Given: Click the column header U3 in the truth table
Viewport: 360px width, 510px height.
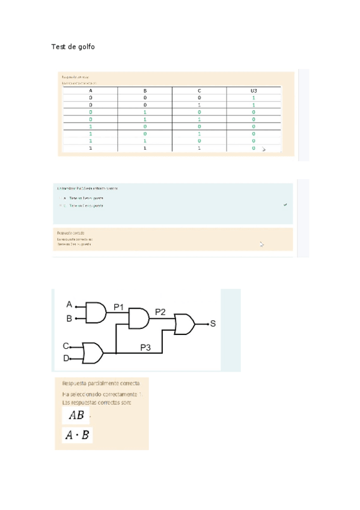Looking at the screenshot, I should click(253, 90).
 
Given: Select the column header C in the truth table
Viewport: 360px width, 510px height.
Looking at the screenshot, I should click(199, 90).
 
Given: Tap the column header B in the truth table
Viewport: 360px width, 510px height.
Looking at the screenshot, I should click(145, 90).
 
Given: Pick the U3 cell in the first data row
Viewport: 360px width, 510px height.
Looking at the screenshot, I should click(253, 97).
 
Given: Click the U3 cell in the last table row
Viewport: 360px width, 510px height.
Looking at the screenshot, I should click(253, 147).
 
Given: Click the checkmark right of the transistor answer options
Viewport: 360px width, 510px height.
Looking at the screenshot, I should click(285, 205).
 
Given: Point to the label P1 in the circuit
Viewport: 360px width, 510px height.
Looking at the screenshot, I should click(119, 307).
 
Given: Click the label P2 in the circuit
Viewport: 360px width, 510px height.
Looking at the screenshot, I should click(160, 312).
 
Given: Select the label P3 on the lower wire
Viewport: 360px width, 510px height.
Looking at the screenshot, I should click(146, 347).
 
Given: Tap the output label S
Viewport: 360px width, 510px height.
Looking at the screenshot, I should click(213, 324).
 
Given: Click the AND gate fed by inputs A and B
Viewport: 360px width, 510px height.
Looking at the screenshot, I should click(96, 312).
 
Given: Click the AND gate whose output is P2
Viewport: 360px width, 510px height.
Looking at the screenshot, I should click(138, 318).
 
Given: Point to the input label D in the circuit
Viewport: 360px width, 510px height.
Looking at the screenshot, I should click(66, 359).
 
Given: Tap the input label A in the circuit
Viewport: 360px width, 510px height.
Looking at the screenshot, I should click(69, 304).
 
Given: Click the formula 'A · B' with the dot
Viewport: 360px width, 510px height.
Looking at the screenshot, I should click(78, 435).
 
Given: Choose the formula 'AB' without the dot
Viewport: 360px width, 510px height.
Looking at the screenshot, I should click(76, 416).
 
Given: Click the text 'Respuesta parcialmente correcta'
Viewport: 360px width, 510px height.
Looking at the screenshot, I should click(101, 383).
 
